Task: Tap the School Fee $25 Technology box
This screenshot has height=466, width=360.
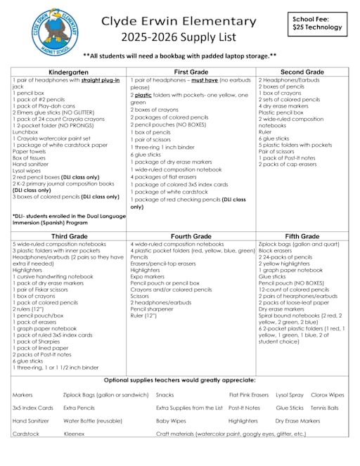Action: coord(317,22)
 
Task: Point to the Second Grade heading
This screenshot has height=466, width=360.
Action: coord(302,72)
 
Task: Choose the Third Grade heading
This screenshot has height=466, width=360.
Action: coord(69,236)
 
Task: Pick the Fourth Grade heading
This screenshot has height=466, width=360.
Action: coord(191,236)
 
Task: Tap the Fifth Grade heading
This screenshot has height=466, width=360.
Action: coord(302,236)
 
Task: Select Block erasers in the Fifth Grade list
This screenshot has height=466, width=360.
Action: coord(275,250)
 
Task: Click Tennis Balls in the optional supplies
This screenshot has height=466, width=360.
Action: coord(325,407)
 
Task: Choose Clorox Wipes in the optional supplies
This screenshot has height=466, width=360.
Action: coord(328,394)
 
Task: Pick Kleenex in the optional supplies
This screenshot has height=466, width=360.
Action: coord(74,434)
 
